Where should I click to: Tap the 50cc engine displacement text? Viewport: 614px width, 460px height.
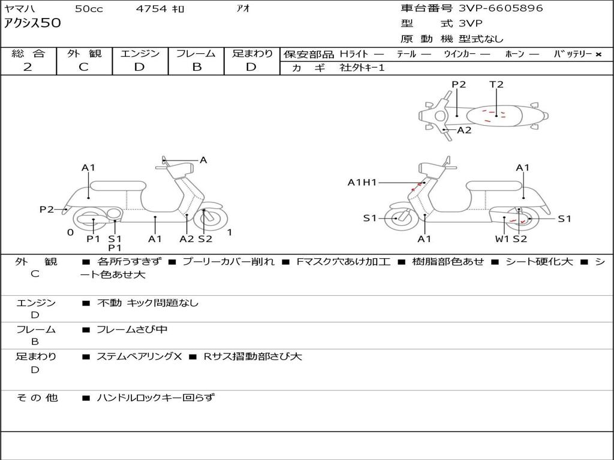tap(89, 9)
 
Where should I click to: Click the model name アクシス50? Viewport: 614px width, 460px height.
tap(32, 24)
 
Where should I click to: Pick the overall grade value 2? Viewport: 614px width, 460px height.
tap(28, 67)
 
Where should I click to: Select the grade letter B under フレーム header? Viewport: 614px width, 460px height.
tap(196, 67)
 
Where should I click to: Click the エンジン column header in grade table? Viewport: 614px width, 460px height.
tap(140, 54)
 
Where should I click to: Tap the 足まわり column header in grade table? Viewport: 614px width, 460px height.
tap(252, 54)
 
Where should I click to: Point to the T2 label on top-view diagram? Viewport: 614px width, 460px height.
tap(496, 84)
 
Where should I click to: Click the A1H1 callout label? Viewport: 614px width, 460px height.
tap(362, 182)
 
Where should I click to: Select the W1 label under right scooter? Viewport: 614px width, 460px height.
tap(502, 239)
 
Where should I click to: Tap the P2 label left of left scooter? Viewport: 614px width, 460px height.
tap(47, 209)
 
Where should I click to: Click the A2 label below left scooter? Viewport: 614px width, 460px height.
tap(187, 239)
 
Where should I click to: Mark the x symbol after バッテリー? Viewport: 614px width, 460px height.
tap(598, 55)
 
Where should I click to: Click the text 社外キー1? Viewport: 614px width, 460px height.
tap(362, 68)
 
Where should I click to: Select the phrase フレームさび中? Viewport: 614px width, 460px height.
tap(132, 329)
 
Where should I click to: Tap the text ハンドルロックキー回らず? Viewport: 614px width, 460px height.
tap(155, 397)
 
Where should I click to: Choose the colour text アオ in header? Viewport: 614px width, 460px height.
tap(243, 9)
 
